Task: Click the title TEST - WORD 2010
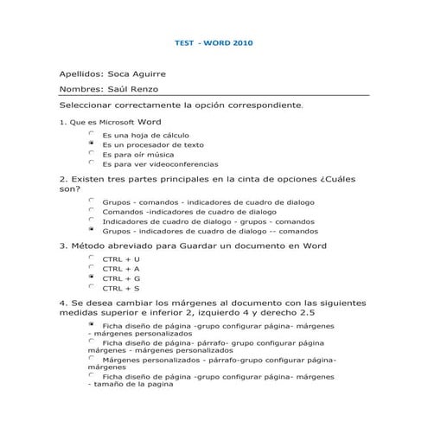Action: pyautogui.click(x=214, y=42)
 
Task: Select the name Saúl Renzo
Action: pyautogui.click(x=131, y=89)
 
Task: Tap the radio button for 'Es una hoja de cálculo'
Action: pyautogui.click(x=91, y=134)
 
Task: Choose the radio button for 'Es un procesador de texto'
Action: pyautogui.click(x=91, y=144)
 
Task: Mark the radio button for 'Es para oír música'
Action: pyautogui.click(x=91, y=153)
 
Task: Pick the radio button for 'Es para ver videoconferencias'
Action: pyautogui.click(x=91, y=163)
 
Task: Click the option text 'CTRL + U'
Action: pyautogui.click(x=120, y=259)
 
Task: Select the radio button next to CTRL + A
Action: pyautogui.click(x=91, y=268)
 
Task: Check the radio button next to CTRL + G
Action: pyautogui.click(x=91, y=278)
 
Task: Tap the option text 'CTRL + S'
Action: pyautogui.click(x=120, y=288)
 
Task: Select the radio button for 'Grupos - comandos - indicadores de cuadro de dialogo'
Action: pyautogui.click(x=91, y=201)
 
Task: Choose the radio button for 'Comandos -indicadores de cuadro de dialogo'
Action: pyautogui.click(x=91, y=210)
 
